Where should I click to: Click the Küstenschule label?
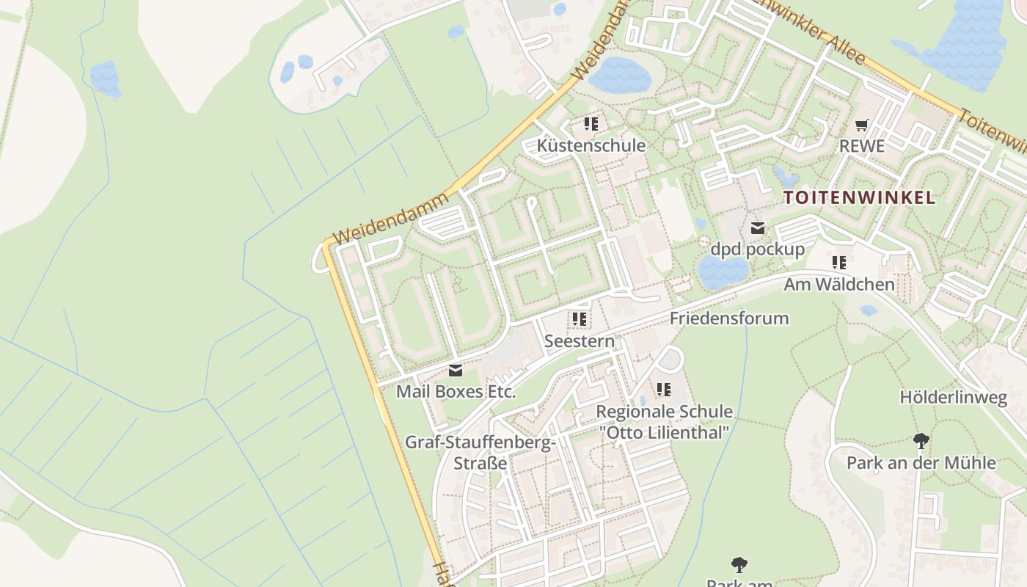pos(591,145)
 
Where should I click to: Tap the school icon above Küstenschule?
pos(591,124)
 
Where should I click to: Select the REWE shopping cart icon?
pos(862,125)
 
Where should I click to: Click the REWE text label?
pos(862,146)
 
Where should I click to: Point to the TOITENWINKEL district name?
pos(859,197)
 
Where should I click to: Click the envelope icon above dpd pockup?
pos(757,228)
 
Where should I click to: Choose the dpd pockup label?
pos(757,249)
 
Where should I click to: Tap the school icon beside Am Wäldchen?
pos(839,263)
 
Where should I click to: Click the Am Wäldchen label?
pos(839,284)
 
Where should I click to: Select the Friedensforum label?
pos(728,318)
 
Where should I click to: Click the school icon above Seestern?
pos(580,319)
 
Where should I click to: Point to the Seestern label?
pos(580,341)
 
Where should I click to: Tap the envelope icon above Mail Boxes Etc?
pos(456,371)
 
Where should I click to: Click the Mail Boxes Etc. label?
pos(456,392)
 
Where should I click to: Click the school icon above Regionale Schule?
pos(664,390)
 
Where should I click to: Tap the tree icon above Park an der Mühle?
pos(921,441)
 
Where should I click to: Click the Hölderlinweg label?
pos(954,398)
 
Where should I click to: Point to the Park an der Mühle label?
pos(921,463)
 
